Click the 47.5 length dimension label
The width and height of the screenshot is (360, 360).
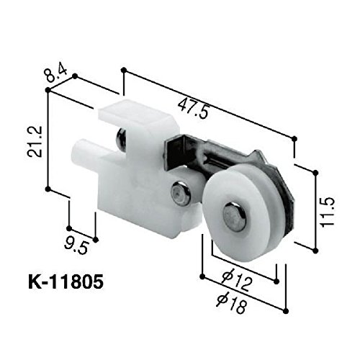(x=192, y=109)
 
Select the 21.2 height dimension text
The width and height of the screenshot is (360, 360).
(x=35, y=142)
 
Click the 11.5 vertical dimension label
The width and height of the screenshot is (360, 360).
(x=328, y=212)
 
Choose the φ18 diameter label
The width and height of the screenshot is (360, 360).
(x=231, y=304)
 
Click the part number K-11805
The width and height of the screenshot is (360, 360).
(x=66, y=282)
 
